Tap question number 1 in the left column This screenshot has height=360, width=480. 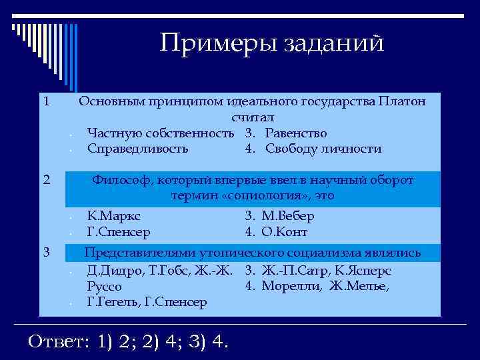click(x=45, y=102)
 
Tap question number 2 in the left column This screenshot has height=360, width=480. click(x=45, y=179)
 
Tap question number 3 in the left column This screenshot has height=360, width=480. click(x=45, y=251)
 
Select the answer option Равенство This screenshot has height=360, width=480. click(x=296, y=133)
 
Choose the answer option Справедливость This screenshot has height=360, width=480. click(x=137, y=148)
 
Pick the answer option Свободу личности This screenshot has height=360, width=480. click(x=323, y=148)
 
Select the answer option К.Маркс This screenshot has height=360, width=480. click(x=114, y=216)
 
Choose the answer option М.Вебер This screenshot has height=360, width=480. click(x=288, y=216)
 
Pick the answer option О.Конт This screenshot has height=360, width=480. click(x=285, y=232)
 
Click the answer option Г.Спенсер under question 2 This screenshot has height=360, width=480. click(x=119, y=232)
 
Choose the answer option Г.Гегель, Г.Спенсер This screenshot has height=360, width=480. click(x=147, y=302)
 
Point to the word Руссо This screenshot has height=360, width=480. click(x=104, y=287)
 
